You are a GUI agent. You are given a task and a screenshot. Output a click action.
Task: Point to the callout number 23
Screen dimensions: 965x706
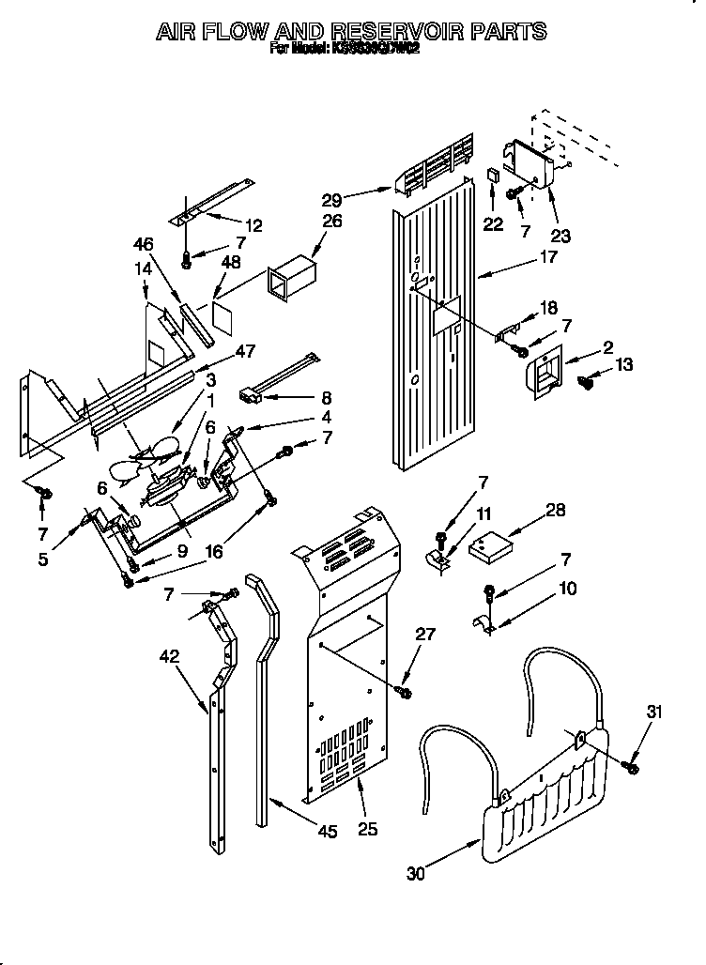(x=560, y=236)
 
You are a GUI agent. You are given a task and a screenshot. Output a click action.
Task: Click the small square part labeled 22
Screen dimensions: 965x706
(x=491, y=176)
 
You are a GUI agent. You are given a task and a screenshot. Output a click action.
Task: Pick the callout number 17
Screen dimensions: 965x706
(x=547, y=256)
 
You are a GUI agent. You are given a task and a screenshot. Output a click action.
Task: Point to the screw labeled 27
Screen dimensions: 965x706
(x=405, y=692)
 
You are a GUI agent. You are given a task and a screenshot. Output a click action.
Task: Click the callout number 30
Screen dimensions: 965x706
(x=415, y=874)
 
